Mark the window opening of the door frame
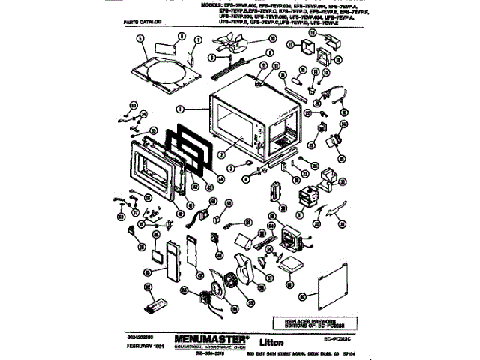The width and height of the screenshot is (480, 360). point(153,167)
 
